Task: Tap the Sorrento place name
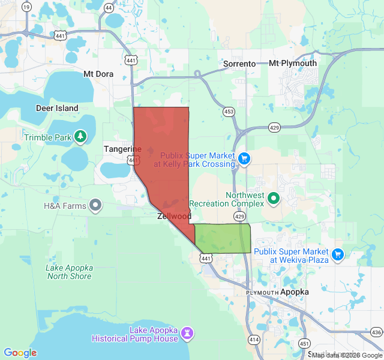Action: [239, 64]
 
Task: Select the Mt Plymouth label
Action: [293, 64]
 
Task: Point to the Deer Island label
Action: [57, 109]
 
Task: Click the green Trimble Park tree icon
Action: [80, 137]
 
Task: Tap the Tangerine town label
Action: [122, 149]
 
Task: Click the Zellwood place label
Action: [174, 216]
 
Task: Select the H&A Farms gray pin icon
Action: [95, 206]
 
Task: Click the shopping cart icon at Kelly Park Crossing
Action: [244, 158]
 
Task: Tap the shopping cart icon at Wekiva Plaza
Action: [337, 255]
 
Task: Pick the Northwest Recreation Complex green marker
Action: [274, 197]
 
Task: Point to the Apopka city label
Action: [295, 292]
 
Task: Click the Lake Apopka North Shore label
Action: [70, 272]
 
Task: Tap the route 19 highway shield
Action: [26, 7]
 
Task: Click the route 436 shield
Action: [376, 332]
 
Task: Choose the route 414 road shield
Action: [253, 340]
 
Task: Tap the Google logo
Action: [20, 353]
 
